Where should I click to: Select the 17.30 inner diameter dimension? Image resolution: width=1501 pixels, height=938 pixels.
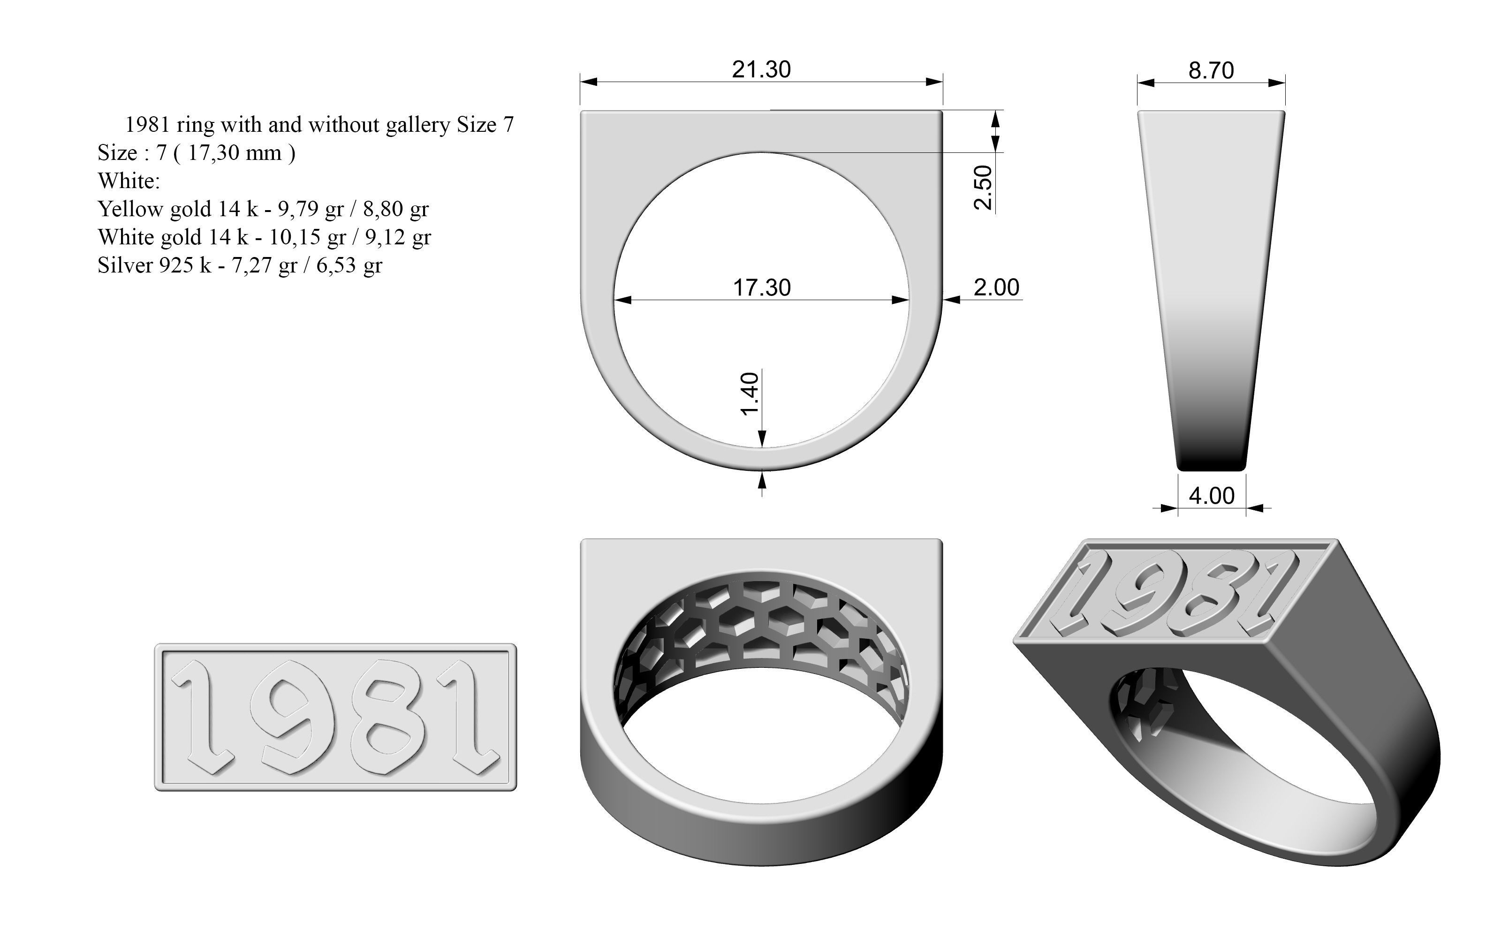point(762,288)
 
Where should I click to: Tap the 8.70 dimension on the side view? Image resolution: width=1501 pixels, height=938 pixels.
point(1211,71)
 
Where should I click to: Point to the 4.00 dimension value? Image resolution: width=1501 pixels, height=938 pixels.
point(1211,496)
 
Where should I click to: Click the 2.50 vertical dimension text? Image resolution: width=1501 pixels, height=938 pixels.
point(984,187)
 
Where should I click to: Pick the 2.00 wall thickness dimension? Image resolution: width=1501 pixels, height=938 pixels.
point(996,287)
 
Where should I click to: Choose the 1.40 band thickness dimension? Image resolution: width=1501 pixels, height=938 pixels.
point(750,394)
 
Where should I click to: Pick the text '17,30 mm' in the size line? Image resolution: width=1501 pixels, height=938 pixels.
point(235,152)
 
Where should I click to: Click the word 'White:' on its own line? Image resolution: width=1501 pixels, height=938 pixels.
point(129,181)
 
